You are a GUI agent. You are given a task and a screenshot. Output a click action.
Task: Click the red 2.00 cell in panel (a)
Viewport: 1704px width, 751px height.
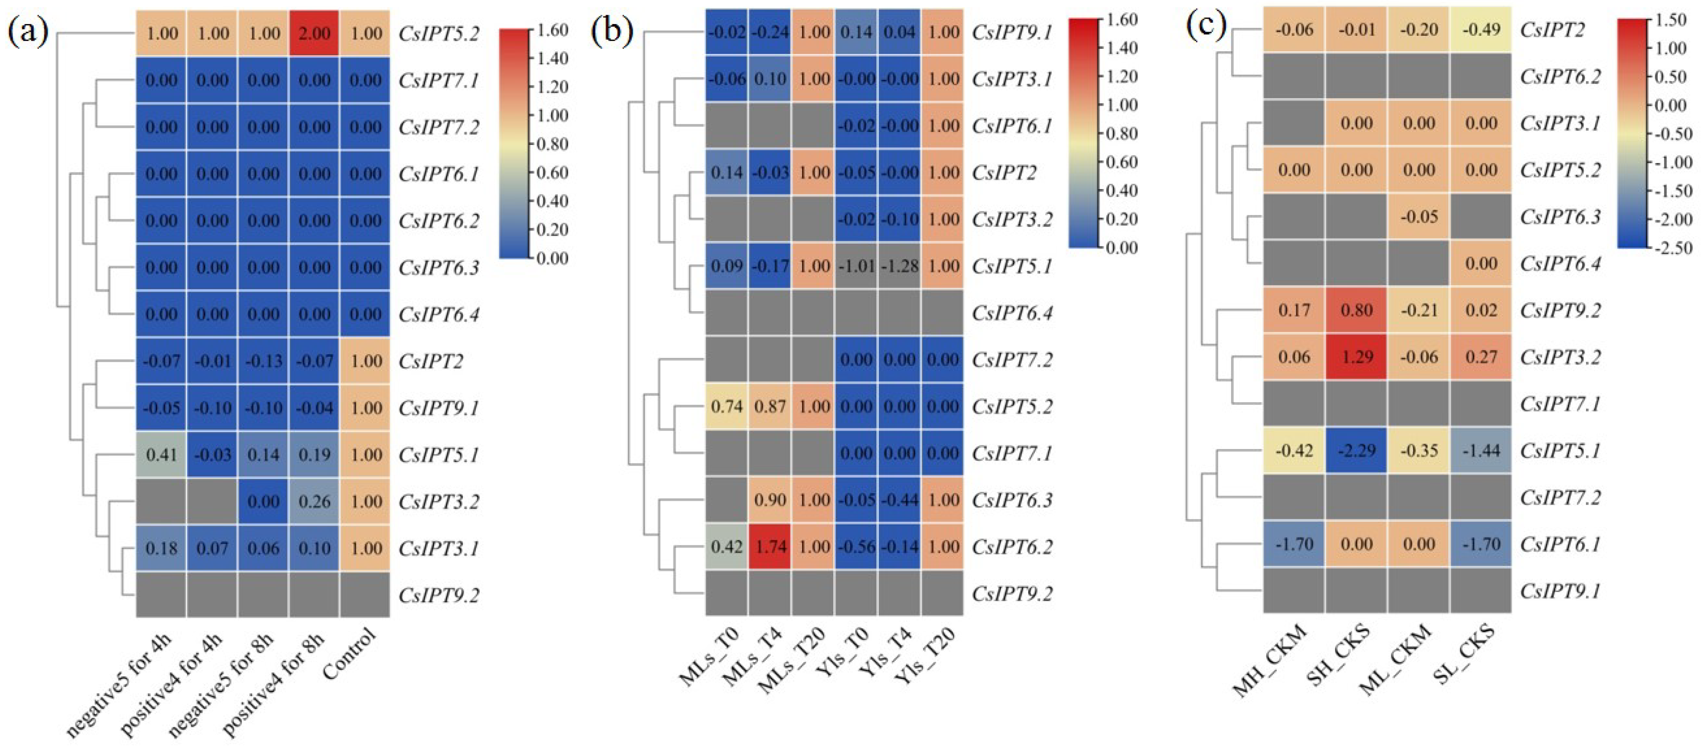point(314,33)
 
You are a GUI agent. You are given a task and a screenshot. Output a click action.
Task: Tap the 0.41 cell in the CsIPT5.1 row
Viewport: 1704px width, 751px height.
point(161,455)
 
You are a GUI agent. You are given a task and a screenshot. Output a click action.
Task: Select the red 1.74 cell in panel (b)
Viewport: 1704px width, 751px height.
point(770,547)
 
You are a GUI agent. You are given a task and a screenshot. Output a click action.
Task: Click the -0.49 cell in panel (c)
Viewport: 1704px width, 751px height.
point(1481,30)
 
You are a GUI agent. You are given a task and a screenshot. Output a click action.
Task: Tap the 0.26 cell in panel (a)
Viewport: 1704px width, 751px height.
point(314,501)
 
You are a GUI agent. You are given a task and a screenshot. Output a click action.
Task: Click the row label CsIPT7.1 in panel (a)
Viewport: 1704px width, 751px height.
point(439,80)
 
